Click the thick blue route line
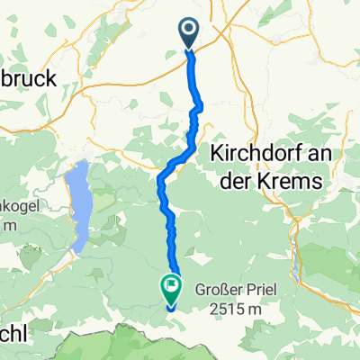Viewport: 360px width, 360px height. [x=192, y=90]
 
